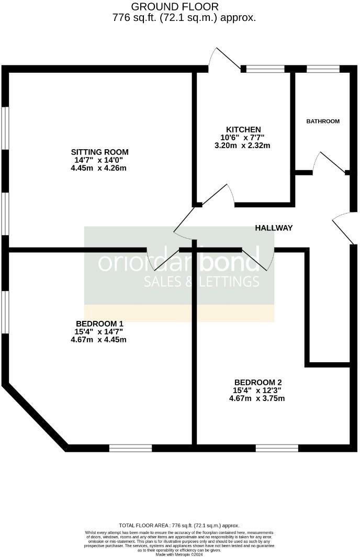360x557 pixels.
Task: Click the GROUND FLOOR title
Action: pyautogui.click(x=174, y=7)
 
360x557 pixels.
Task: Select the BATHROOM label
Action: pyautogui.click(x=323, y=121)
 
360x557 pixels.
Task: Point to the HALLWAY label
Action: pyautogui.click(x=274, y=228)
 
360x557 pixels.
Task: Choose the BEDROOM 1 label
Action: pyautogui.click(x=99, y=324)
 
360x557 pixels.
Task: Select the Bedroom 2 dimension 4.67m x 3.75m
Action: pyautogui.click(x=257, y=398)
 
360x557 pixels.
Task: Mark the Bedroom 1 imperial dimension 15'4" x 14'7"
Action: pyautogui.click(x=99, y=331)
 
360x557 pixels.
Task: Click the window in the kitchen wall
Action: pyautogui.click(x=265, y=69)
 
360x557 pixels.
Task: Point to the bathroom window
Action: pyautogui.click(x=323, y=69)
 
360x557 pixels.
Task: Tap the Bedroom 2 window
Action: pyautogui.click(x=277, y=448)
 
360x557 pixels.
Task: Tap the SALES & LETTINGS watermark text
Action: pyautogui.click(x=202, y=282)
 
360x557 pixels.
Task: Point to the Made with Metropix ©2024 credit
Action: pyautogui.click(x=179, y=554)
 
